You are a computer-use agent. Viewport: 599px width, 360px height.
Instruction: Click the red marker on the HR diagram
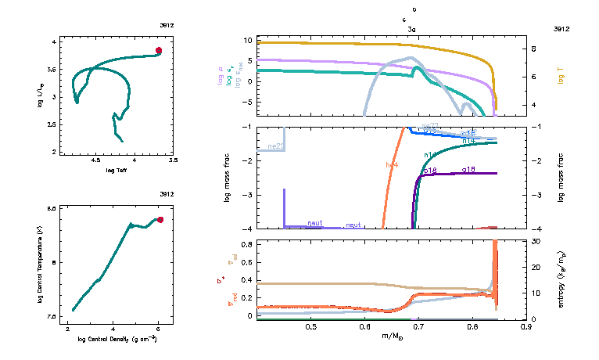[x=159, y=50]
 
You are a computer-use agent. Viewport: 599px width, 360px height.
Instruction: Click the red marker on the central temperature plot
[x=160, y=220]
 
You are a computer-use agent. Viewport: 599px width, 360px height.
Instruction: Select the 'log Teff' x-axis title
[x=117, y=170]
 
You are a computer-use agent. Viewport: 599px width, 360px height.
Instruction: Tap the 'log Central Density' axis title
[x=117, y=340]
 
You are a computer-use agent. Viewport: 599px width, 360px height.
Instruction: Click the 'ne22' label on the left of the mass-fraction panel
[x=274, y=146]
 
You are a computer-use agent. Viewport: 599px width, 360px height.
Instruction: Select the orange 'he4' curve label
[x=393, y=164]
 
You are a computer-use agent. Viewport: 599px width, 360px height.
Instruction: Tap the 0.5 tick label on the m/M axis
[x=311, y=326]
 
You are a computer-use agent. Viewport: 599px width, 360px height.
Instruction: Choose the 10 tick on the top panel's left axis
[x=246, y=39]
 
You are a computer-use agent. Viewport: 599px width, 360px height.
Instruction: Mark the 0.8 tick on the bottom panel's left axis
[x=246, y=244]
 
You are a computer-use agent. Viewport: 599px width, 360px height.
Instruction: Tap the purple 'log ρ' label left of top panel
[x=221, y=80]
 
